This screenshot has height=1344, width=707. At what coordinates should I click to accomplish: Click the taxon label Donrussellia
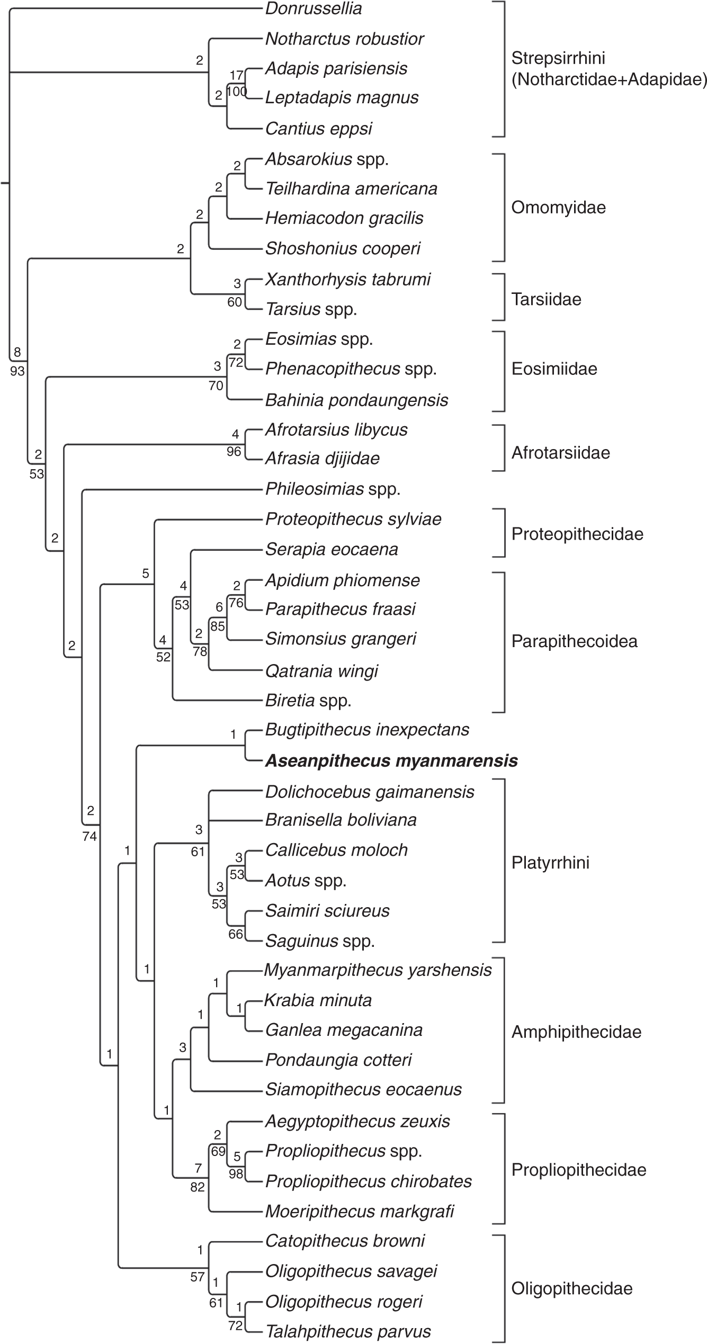click(x=313, y=8)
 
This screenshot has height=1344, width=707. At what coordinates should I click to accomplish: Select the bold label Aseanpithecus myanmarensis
click(x=391, y=761)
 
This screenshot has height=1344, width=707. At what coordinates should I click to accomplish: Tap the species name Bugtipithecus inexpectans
click(x=367, y=730)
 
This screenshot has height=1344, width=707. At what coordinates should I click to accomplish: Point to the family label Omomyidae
click(x=558, y=208)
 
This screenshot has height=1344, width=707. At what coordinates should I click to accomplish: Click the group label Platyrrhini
click(x=550, y=863)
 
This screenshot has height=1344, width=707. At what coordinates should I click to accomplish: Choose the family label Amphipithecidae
click(x=576, y=1032)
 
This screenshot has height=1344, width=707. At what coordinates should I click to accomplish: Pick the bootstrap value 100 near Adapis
click(x=237, y=92)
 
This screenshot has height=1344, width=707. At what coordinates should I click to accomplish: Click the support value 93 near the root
click(x=17, y=371)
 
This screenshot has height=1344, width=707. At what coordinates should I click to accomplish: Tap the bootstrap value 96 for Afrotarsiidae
click(x=234, y=452)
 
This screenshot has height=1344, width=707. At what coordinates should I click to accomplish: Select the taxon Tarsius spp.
click(x=311, y=309)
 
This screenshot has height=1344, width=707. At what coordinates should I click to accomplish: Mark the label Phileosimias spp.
click(x=333, y=489)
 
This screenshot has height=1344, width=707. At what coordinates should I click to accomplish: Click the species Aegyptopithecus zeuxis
click(x=357, y=1121)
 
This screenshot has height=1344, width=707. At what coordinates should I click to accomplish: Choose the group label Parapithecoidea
click(x=574, y=641)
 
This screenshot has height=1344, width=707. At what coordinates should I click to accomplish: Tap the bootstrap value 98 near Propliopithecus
click(x=236, y=1174)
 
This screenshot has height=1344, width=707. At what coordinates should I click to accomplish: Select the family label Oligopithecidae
click(x=571, y=1288)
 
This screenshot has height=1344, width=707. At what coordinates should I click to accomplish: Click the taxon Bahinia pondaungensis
click(x=356, y=400)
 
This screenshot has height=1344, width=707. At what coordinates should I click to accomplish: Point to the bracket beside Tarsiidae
click(x=504, y=297)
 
